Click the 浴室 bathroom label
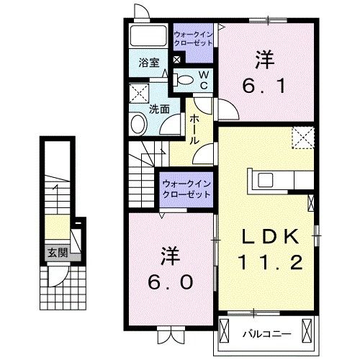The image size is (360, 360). [x=149, y=62]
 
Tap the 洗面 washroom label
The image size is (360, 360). [x=159, y=109]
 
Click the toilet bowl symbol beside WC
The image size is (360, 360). [x=184, y=79]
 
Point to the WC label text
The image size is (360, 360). [x=204, y=80]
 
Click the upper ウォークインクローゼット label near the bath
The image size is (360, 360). [x=193, y=38]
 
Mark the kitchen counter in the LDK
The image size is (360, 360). [x=280, y=181]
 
